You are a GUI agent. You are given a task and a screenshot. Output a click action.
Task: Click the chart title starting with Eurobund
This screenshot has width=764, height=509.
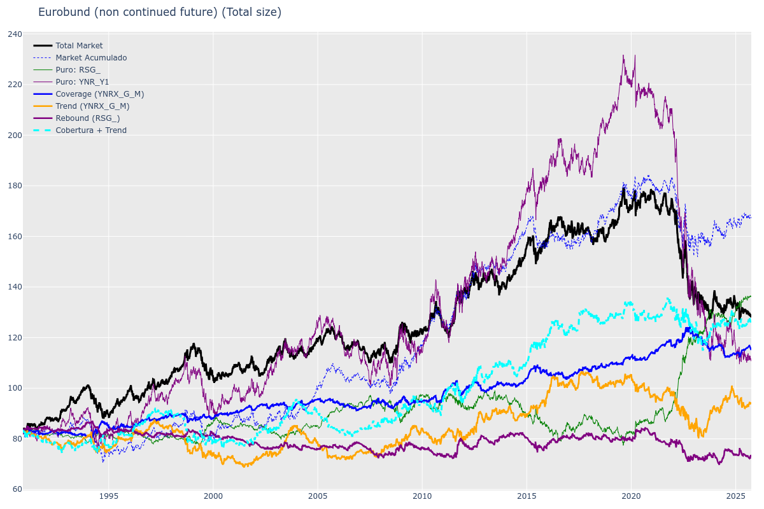pyautogui.click(x=159, y=12)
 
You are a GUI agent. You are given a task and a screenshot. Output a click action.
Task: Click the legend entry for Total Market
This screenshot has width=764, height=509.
pyautogui.click(x=79, y=46)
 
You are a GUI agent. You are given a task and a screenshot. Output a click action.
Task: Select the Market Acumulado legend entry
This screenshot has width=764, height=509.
pyautogui.click(x=91, y=58)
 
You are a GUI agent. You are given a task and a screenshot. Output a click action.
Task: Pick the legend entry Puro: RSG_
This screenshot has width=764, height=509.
pyautogui.click(x=78, y=70)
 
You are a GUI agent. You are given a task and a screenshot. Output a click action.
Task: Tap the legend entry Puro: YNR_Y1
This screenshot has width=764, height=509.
pyautogui.click(x=82, y=82)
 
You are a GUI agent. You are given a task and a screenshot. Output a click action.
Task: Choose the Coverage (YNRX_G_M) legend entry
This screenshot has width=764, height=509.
pyautogui.click(x=99, y=94)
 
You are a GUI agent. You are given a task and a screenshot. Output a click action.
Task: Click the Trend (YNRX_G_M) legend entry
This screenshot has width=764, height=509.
pyautogui.click(x=92, y=106)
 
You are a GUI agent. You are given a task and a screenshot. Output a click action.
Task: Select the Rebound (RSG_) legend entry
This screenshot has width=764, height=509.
pyautogui.click(x=87, y=118)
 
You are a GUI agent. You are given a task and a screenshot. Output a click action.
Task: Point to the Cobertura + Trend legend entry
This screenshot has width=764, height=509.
pyautogui.click(x=91, y=130)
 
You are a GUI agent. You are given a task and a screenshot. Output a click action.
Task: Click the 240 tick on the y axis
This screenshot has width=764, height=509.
pyautogui.click(x=15, y=34)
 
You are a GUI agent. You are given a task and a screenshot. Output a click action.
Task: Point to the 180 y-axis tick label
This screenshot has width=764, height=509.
pyautogui.click(x=15, y=186)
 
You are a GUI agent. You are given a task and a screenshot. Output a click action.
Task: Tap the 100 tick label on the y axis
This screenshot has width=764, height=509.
pyautogui.click(x=15, y=388)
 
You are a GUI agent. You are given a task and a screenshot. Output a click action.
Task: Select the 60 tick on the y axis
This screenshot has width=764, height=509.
pyautogui.click(x=17, y=489)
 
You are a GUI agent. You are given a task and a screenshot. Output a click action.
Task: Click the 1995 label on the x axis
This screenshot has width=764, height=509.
pyautogui.click(x=108, y=496)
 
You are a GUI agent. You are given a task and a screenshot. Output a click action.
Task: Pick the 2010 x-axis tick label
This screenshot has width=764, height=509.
pyautogui.click(x=422, y=496)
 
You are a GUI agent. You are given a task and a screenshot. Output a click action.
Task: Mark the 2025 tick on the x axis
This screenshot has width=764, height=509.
pyautogui.click(x=735, y=496)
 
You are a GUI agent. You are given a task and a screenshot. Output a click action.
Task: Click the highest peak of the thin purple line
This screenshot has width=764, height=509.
pyautogui.click(x=623, y=55)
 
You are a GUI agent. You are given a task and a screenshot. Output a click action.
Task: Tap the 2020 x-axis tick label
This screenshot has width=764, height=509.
pyautogui.click(x=631, y=496)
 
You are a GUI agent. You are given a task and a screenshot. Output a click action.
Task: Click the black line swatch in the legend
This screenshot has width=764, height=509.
pyautogui.click(x=43, y=46)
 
